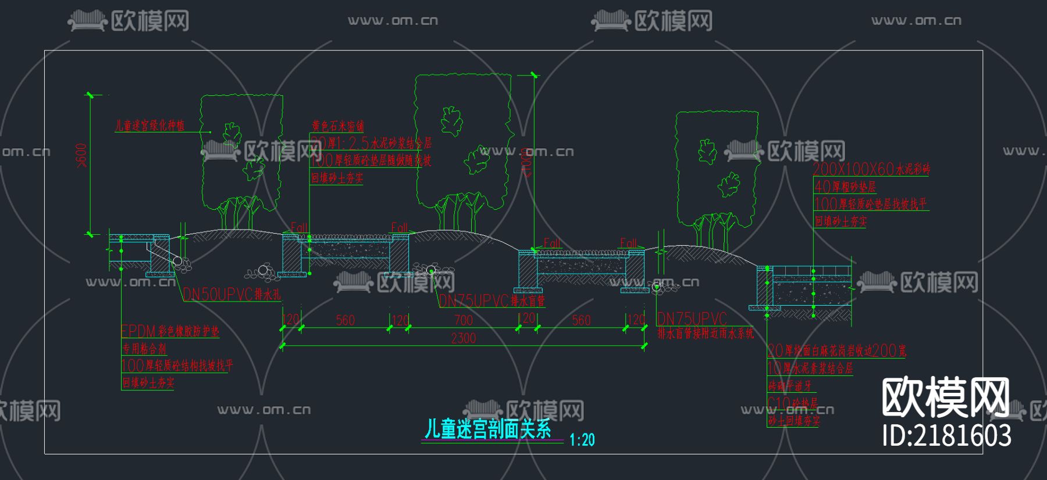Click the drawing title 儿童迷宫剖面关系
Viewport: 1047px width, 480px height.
click(487, 429)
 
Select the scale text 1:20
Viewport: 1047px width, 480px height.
click(582, 440)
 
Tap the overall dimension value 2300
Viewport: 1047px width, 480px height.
click(463, 338)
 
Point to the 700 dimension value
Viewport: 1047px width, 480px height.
click(463, 320)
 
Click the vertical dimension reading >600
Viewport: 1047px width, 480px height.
click(81, 155)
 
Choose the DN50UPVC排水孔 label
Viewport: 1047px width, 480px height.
click(232, 295)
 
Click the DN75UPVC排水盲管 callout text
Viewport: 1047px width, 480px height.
click(492, 300)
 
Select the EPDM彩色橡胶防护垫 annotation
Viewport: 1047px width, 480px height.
click(170, 331)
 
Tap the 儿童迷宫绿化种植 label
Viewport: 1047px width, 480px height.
click(149, 126)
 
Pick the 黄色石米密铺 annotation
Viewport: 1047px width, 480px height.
click(337, 126)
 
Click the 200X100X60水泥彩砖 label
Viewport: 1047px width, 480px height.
click(871, 169)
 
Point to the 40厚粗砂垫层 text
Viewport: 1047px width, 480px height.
click(845, 187)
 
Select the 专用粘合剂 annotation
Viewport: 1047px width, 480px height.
click(144, 349)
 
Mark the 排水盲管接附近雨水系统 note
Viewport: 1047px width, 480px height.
click(705, 334)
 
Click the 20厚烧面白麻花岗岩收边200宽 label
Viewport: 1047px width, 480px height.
click(836, 350)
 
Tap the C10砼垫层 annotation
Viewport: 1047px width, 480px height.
click(792, 403)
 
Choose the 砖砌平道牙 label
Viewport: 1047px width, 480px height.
click(789, 385)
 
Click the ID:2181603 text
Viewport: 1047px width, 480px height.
click(946, 435)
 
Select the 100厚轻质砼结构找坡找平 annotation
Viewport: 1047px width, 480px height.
click(177, 366)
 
